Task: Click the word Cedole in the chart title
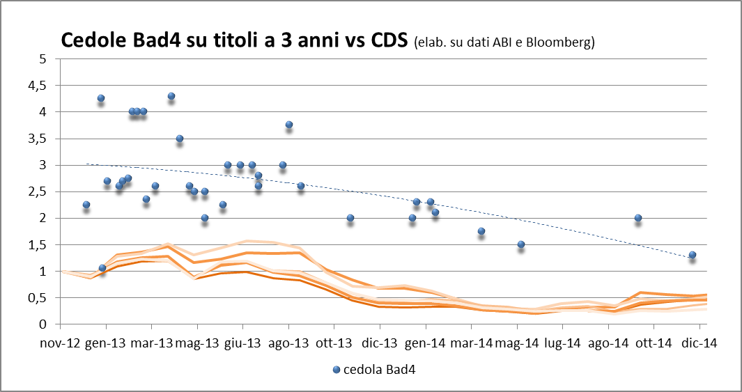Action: [x=92, y=40]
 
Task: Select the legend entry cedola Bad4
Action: [x=373, y=369]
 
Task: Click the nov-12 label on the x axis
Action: [x=60, y=343]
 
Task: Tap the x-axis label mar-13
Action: [x=152, y=343]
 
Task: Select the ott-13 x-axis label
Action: [x=334, y=343]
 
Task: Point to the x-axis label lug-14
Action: [x=562, y=343]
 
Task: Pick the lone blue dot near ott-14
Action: [x=637, y=218]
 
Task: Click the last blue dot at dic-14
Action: [x=692, y=255]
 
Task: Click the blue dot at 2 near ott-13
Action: [x=350, y=218]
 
